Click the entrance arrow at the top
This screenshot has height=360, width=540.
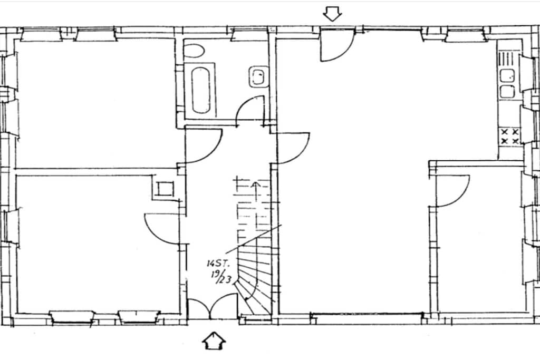pos(332,14)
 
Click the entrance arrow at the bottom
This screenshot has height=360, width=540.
pos(214,341)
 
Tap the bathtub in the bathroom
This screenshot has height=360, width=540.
pos(201,90)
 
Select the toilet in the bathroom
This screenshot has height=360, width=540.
pos(194,51)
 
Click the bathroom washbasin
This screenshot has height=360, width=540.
pos(257,76)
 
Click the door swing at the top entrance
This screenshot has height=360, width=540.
pos(337,45)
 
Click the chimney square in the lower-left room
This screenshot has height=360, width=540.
pos(163,189)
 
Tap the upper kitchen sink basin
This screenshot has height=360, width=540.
pos(507,76)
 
